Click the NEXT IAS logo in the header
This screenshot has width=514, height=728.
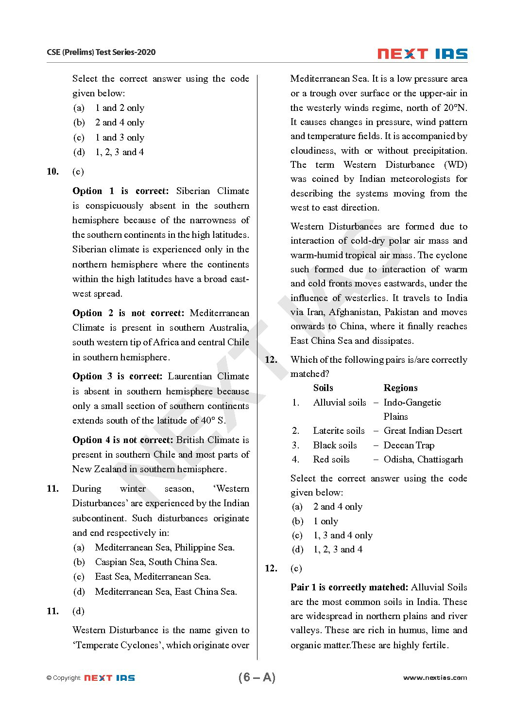(422, 53)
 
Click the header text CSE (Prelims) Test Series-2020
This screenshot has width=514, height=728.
(101, 52)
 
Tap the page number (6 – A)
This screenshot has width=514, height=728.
(257, 677)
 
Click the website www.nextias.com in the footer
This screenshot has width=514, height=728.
(435, 677)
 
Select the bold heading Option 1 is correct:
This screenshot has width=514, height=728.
(120, 191)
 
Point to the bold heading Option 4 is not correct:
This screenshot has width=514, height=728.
(122, 440)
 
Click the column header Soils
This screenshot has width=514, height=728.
(323, 388)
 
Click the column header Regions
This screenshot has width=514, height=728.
(400, 388)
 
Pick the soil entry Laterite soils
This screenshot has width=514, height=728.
(339, 431)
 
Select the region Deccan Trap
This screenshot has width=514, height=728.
(409, 445)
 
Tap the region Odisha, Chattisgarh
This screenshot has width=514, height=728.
(423, 460)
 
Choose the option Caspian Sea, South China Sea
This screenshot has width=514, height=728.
(156, 562)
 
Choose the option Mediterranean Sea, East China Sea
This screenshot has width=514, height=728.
(166, 592)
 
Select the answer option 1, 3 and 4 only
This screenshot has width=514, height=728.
(343, 535)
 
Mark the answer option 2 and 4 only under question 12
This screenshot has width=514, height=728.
(338, 507)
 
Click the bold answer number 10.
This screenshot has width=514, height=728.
(52, 172)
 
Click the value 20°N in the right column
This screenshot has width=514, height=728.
(454, 108)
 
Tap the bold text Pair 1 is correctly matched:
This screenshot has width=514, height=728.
(349, 587)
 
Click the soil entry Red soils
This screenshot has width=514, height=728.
(331, 460)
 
